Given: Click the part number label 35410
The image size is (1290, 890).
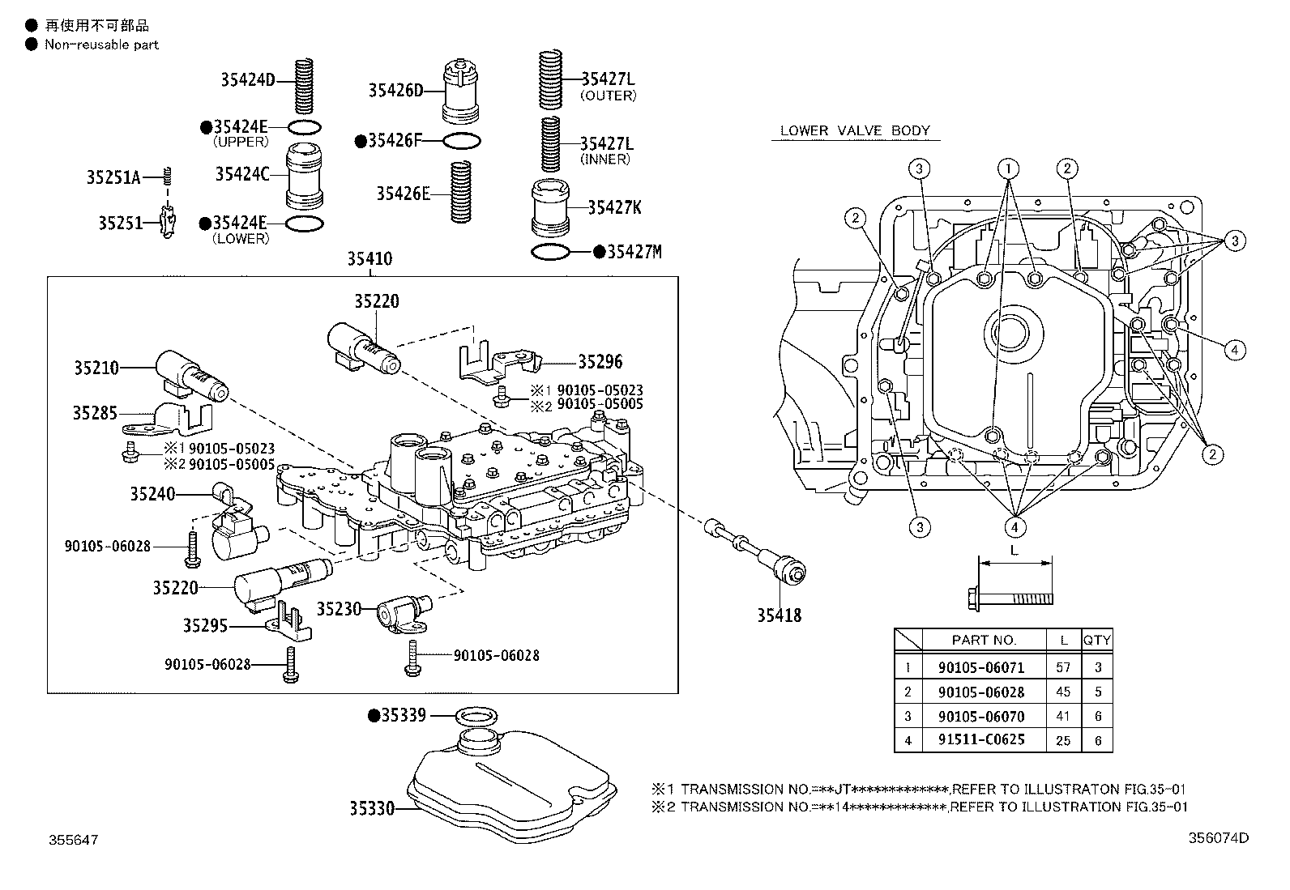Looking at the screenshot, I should click(369, 259).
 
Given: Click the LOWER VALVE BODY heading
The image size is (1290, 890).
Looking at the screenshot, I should click(855, 130).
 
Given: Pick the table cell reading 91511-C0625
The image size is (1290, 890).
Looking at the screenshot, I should click(981, 739).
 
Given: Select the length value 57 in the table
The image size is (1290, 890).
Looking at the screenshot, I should click(1063, 667).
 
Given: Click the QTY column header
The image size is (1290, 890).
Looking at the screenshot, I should click(1097, 640).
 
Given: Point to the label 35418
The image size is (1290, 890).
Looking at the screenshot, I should click(779, 615).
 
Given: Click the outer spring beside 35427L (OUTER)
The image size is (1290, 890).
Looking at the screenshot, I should click(551, 81).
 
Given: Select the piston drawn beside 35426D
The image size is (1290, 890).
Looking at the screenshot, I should click(461, 89).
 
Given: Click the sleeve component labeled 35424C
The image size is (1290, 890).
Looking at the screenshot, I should click(305, 176).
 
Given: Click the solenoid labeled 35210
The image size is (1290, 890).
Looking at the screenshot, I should click(194, 374).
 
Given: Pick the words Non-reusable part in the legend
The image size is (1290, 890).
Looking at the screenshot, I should click(101, 45).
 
